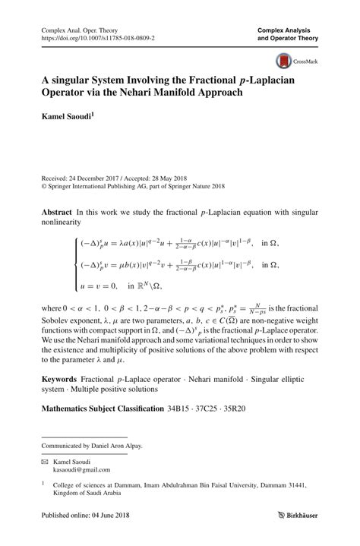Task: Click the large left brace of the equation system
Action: [74, 263]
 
